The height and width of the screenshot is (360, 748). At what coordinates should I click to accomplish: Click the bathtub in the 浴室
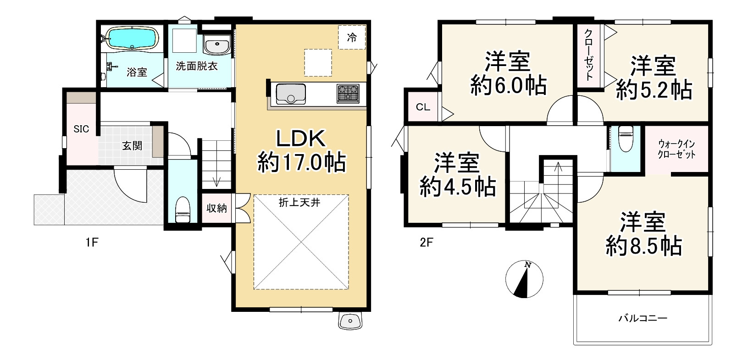coord(132,39)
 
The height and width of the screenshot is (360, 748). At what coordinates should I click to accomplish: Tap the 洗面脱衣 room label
coord(197,66)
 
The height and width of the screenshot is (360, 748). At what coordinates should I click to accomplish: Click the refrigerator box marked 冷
coord(352,38)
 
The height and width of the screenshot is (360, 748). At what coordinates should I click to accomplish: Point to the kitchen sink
coord(291,94)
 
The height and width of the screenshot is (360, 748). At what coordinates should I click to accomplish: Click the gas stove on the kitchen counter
coord(348,94)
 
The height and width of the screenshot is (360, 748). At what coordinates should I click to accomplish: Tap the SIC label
coord(81,129)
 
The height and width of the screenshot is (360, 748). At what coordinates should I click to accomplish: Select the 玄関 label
coord(132,145)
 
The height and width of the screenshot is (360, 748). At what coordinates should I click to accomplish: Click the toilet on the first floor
coord(183,210)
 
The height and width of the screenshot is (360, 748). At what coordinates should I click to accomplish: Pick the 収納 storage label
coord(216,208)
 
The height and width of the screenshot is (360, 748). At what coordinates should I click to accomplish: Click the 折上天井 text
coord(299,202)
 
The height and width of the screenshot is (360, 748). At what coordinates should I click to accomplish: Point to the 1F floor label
coord(92,242)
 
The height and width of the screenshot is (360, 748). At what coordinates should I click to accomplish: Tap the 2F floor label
coord(426,242)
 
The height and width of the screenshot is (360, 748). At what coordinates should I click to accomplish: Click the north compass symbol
coord(524,279)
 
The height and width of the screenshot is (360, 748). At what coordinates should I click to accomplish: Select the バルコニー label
coord(643,318)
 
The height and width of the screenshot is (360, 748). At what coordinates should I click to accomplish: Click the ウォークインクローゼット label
coord(676,150)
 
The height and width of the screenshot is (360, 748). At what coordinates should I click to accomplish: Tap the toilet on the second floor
coord(626,138)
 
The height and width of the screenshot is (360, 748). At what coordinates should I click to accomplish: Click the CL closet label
coord(423,107)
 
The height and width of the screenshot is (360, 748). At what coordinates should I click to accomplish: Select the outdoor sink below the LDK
coord(350,321)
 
